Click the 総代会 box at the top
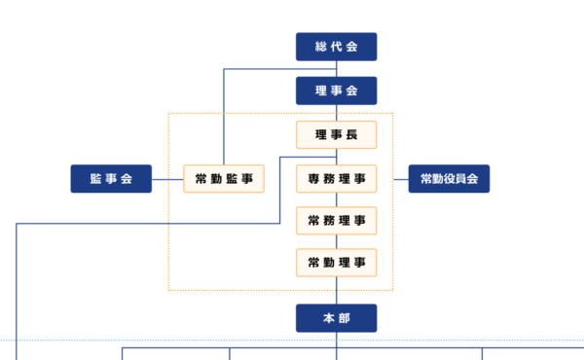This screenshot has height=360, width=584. [336, 47]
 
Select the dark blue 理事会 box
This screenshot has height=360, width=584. [336, 90]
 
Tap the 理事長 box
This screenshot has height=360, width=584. [336, 134]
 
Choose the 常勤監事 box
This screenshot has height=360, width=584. [224, 179]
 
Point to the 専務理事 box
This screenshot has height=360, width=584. [336, 179]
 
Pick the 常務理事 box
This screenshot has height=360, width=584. [336, 221]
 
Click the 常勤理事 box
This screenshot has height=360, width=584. [336, 263]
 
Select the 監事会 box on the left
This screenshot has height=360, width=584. [111, 179]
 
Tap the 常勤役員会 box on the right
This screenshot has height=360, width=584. [448, 179]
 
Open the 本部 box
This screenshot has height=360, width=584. [336, 318]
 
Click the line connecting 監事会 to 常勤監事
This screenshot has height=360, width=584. [167, 179]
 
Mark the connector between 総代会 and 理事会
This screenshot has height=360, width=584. [336, 69]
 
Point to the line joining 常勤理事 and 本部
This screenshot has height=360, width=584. [336, 290]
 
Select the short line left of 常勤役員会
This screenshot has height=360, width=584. [400, 179]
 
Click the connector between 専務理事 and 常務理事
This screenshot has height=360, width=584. [336, 199]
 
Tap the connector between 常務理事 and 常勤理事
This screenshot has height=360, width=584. [336, 241]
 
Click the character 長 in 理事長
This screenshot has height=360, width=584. [352, 134]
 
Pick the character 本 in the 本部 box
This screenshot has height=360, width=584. [329, 318]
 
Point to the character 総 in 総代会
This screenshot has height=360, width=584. [320, 47]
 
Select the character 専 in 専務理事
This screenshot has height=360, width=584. [314, 179]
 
